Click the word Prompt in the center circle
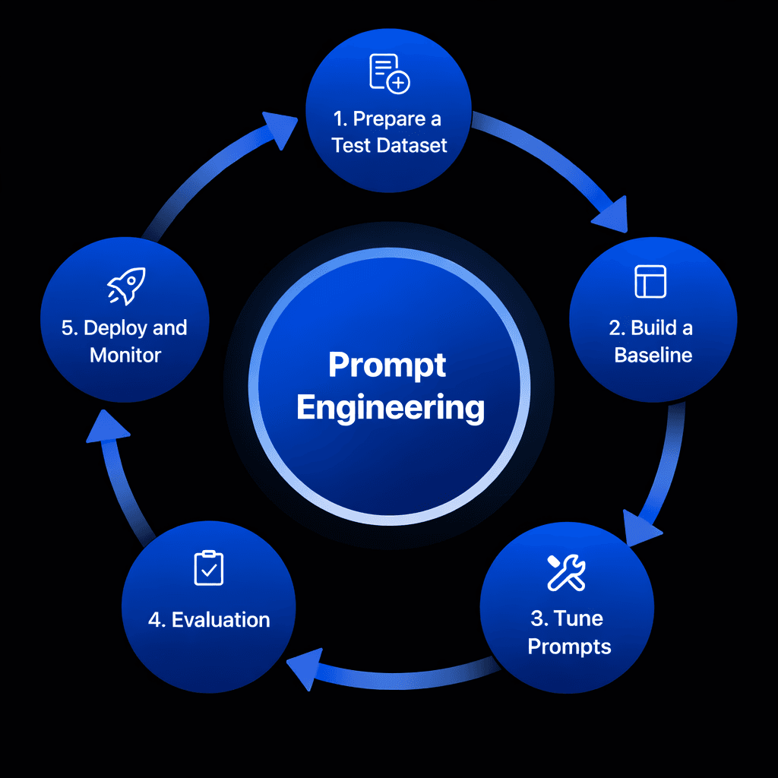coord(387,366)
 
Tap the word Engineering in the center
coord(391,408)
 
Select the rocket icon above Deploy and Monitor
coord(125,287)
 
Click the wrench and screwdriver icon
coord(567,572)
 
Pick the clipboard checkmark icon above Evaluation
coord(209,568)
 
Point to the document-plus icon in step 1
coord(388,74)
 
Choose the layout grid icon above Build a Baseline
coord(650,281)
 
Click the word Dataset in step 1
coord(412,145)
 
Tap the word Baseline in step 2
coord(653,355)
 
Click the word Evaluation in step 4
coord(221,620)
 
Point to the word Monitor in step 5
coord(125,355)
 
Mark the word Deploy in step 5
coord(115,328)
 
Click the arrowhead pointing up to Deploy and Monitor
coord(107,427)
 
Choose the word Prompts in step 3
coord(569,647)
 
